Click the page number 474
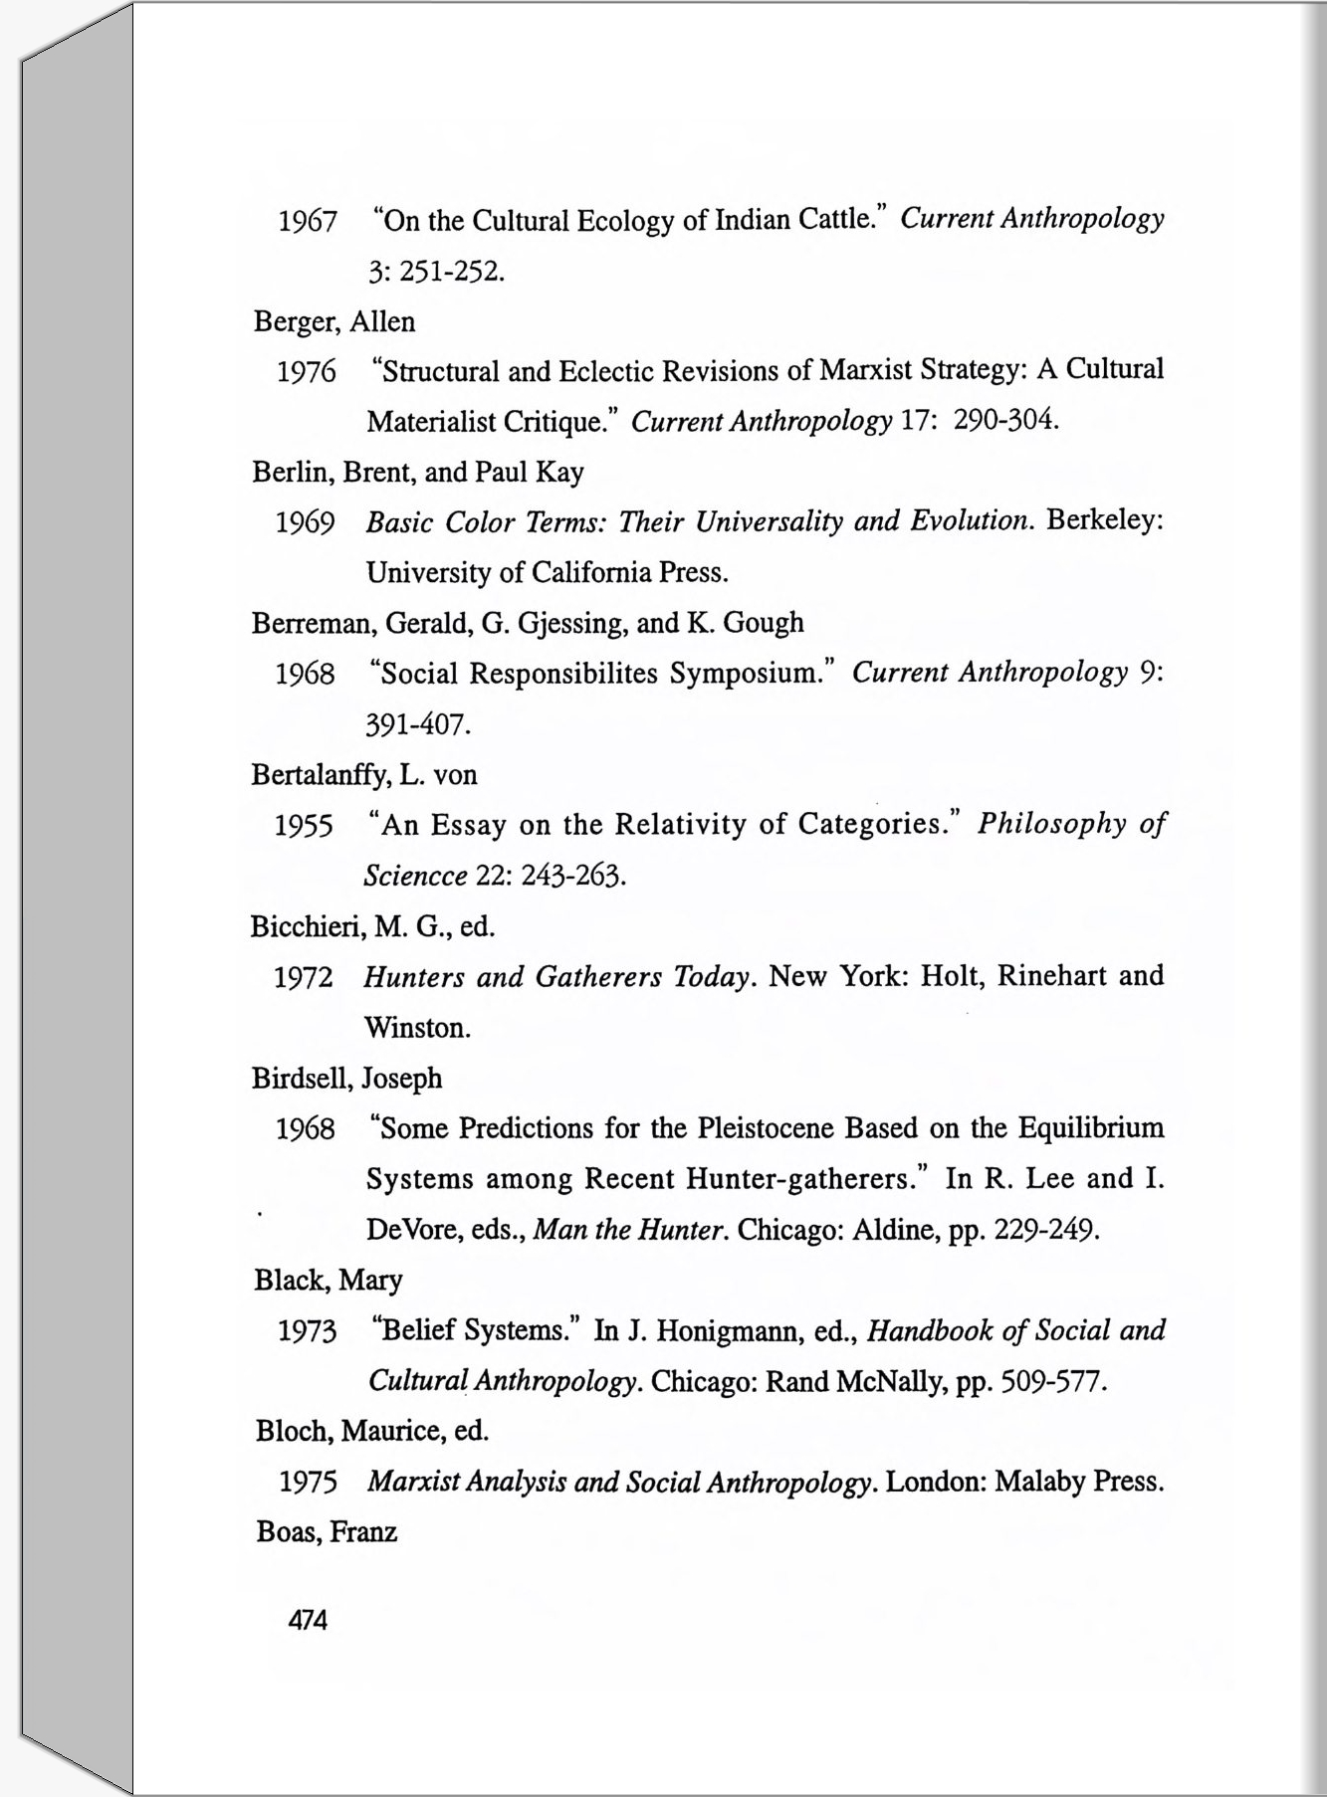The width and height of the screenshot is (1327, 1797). [307, 1620]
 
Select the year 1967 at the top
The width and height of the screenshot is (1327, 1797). [308, 222]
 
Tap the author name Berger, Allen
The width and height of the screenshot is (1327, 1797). [334, 322]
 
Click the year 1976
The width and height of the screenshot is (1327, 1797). [307, 373]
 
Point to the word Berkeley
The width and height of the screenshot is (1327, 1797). [1105, 520]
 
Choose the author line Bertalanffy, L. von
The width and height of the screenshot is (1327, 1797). [364, 775]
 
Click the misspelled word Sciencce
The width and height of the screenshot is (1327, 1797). [415, 877]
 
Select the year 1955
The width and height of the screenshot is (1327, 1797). [304, 826]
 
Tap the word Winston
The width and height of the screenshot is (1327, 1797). [417, 1028]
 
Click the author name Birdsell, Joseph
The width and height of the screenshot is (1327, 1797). [346, 1079]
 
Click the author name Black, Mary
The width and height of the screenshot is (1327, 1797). [329, 1281]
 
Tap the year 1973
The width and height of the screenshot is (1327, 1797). [307, 1331]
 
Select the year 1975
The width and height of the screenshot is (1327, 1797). [308, 1483]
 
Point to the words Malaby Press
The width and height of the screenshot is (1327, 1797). [1079, 1483]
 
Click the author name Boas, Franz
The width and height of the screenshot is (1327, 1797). [327, 1532]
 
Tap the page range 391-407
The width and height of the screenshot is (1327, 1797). [418, 724]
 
